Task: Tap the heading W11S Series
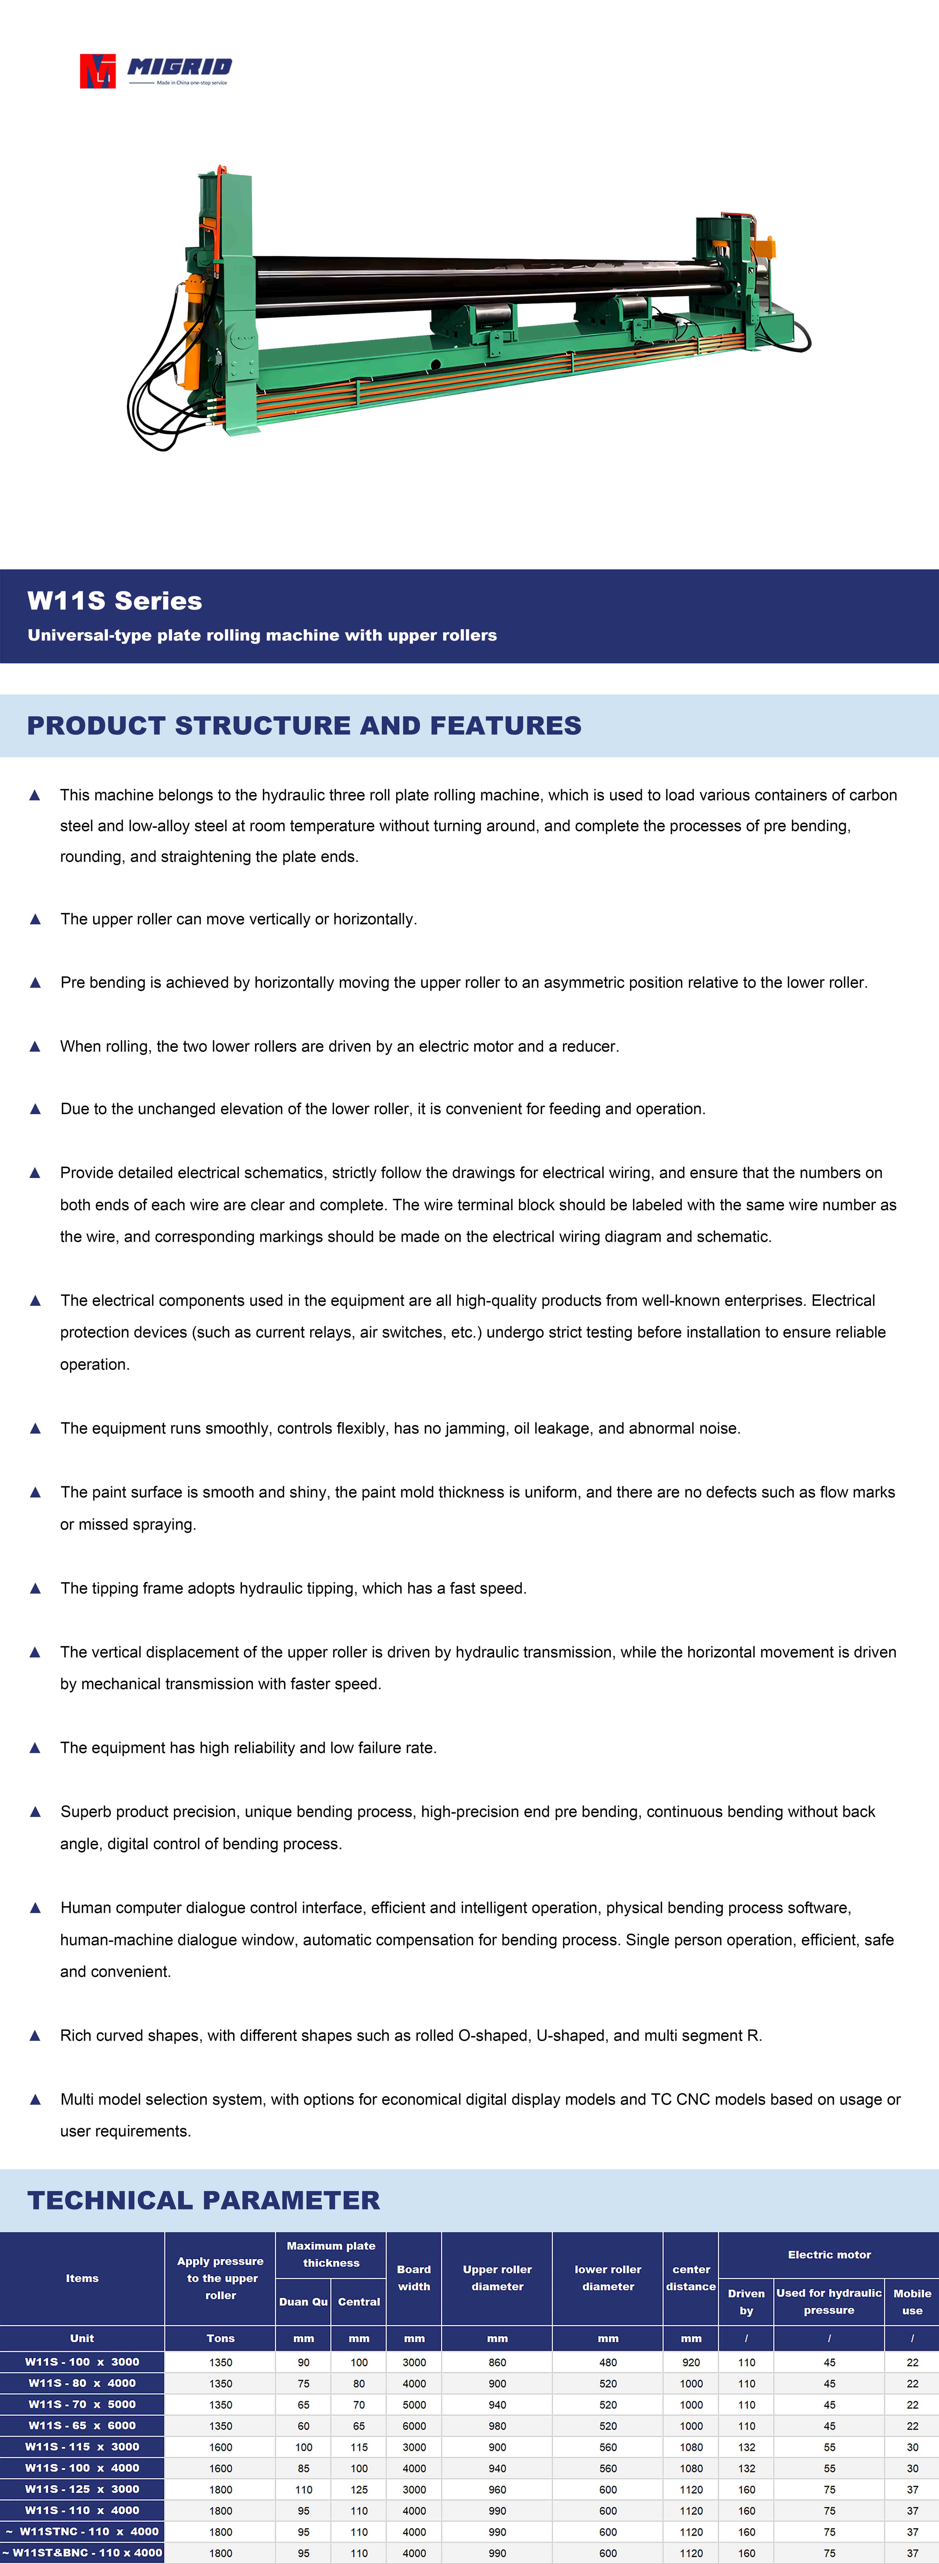coord(114,601)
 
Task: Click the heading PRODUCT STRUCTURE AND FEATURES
coord(304,726)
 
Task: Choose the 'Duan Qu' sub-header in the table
coord(303,2301)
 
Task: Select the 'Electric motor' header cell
coord(829,2255)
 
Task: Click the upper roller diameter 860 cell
coord(497,2362)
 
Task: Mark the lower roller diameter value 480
coord(607,2362)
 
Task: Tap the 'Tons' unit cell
coord(220,2338)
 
